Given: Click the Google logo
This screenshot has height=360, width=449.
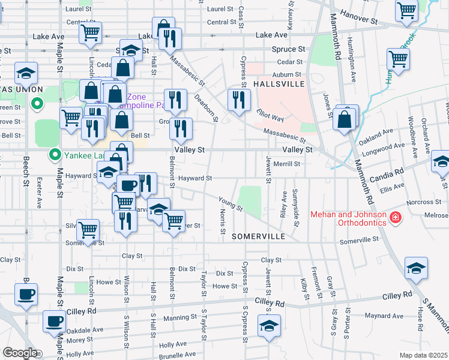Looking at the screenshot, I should [20, 353].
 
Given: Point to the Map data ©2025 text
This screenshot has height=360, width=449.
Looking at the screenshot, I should [423, 355].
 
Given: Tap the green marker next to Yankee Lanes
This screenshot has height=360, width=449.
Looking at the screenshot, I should [55, 155].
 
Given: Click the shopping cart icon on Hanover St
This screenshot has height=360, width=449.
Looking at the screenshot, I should [406, 10].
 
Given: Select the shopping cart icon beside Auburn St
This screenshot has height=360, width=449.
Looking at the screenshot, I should [399, 59].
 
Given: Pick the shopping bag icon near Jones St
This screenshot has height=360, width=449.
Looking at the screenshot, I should [346, 119].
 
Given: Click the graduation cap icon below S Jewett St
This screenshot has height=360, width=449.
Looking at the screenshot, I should [269, 326].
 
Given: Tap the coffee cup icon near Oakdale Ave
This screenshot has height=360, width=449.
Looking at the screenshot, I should [55, 321].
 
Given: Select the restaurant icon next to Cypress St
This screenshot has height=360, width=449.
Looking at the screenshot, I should [239, 100].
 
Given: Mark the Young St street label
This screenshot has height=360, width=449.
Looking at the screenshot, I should [230, 204].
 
